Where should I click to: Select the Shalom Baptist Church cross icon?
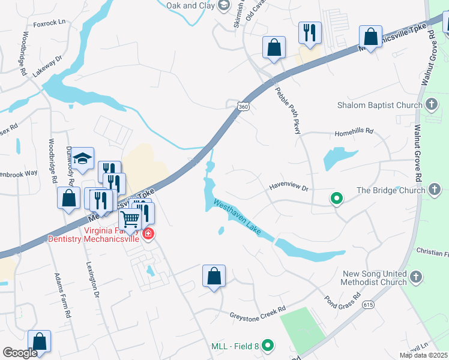431,106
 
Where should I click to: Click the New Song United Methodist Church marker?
417,277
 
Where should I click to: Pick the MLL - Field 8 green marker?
268,346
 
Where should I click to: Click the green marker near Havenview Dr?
337,197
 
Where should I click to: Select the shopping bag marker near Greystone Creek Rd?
214,276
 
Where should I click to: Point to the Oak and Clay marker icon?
224,6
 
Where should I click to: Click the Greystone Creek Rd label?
257,315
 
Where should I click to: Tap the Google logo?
20,353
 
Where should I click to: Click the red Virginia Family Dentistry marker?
148,234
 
